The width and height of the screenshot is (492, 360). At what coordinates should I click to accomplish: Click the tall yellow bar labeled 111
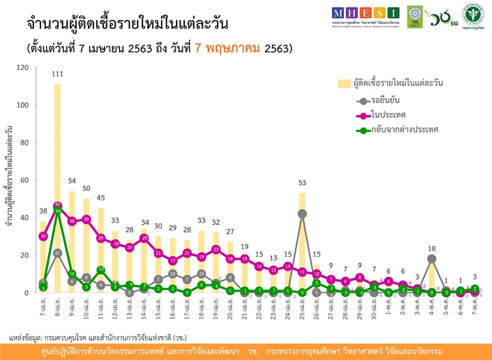point(57,184)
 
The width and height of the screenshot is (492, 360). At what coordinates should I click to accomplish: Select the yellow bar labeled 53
point(302,241)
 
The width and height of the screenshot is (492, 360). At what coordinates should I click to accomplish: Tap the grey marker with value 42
point(302,214)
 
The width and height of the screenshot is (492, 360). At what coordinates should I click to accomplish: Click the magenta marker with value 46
point(57,205)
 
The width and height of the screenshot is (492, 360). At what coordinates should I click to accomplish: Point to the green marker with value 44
point(57,210)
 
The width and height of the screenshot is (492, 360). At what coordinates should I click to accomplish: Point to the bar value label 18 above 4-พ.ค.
point(432,247)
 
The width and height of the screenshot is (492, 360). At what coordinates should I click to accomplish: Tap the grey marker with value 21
point(57,253)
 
